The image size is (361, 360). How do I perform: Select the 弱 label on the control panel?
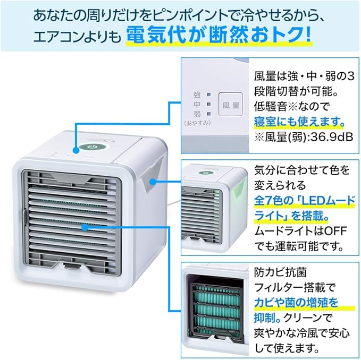196,114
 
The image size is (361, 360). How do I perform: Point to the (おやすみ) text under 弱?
197,123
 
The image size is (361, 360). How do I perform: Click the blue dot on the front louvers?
85,227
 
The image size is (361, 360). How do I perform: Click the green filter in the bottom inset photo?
218,311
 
